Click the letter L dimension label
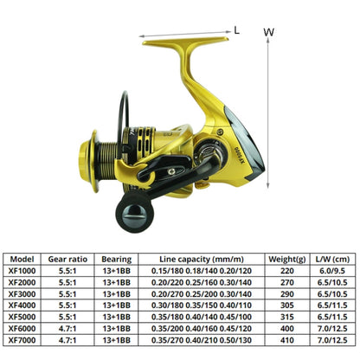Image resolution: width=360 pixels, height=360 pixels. (237, 29)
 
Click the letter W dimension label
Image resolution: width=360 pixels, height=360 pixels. (269, 32)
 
